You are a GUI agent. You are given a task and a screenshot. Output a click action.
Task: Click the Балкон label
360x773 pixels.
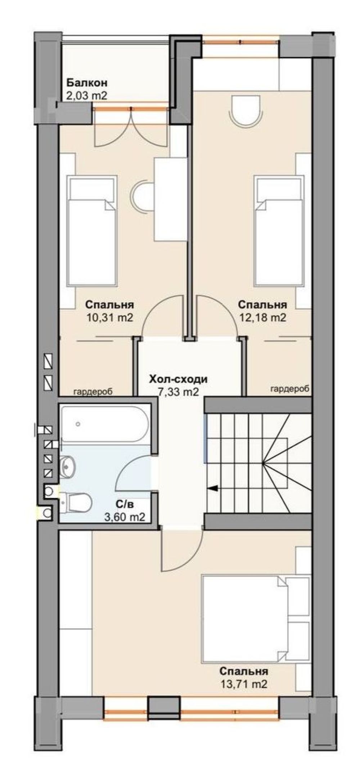click(87, 83)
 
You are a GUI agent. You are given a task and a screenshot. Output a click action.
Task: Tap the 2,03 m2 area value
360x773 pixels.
click(87, 96)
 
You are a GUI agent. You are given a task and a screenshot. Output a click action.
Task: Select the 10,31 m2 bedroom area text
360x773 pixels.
click(109, 318)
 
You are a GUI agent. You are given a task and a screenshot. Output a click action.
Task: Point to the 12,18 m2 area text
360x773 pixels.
click(262, 318)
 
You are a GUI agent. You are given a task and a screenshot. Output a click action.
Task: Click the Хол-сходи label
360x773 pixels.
click(179, 379)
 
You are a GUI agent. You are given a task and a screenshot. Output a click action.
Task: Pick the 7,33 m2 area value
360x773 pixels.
click(179, 392)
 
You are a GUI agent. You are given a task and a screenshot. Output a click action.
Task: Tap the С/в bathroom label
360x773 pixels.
click(125, 504)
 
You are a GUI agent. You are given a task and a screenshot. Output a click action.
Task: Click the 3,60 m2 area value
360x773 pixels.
click(125, 517)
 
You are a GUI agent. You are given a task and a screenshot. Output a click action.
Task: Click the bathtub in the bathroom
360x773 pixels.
click(104, 424)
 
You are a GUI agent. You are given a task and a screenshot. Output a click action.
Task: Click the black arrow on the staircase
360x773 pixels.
click(213, 488)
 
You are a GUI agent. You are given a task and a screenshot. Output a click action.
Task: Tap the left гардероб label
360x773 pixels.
click(93, 391)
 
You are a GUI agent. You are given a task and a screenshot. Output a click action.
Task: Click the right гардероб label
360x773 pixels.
click(290, 389)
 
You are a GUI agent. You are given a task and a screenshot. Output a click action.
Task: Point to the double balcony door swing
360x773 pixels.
click(131, 128)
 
